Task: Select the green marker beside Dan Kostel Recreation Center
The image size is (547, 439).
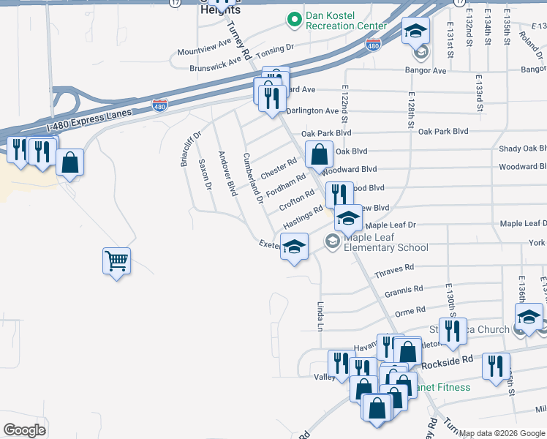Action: pos(294,20)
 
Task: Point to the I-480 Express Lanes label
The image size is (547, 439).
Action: pos(88,120)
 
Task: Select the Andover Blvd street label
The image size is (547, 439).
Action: pos(227,174)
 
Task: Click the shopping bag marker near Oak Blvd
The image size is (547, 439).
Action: pos(319,155)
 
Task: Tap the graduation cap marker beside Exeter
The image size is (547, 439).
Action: pos(294,247)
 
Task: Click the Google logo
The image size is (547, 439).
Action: pos(24,430)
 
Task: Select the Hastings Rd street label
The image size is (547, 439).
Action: pos(303,216)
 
